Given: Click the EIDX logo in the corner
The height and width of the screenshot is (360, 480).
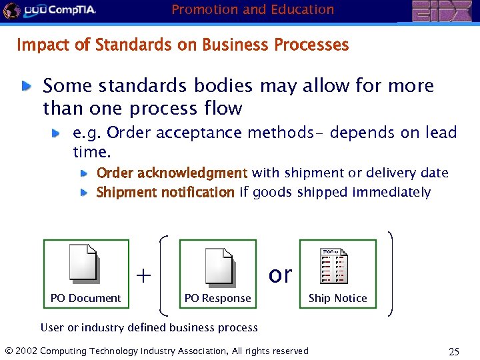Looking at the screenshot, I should [442, 11].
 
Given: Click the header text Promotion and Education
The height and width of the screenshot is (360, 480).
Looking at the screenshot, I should [253, 9].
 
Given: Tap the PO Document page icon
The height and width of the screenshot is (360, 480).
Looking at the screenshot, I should [84, 265].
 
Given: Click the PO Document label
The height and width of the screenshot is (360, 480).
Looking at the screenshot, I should [85, 298].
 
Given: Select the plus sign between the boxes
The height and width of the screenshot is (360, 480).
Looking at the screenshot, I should [143, 275].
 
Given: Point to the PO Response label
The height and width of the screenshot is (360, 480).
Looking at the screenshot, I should [217, 298].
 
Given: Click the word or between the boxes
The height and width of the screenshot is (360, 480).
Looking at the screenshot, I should [280, 274].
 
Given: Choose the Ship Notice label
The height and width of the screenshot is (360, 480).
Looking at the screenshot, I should [337, 298].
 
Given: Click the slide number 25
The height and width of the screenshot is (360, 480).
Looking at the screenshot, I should [454, 351].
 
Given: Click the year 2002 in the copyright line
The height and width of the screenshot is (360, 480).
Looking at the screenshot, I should [26, 351].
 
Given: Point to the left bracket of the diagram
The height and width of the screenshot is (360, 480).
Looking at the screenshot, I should [163, 273].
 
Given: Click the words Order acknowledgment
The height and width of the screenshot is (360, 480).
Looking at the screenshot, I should [172, 173].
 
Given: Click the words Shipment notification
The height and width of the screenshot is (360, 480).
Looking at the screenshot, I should [165, 193].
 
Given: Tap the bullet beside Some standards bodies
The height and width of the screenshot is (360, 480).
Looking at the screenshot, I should [25, 86].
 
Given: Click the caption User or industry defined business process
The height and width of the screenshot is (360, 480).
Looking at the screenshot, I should [149, 327].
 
